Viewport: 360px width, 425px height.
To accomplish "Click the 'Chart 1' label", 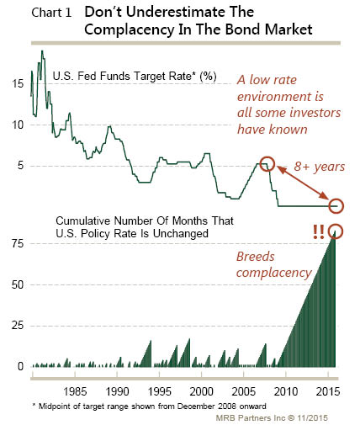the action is [51, 13].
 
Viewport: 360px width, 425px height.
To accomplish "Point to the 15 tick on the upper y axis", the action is [18, 83].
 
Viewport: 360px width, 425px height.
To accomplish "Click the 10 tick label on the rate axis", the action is [18, 125].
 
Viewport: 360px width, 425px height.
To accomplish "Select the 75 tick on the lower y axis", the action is [18, 243].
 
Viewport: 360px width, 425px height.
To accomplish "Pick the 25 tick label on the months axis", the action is [18, 326].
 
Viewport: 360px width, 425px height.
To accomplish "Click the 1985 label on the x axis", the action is [75, 391].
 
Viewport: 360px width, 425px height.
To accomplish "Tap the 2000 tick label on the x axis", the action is [202, 391].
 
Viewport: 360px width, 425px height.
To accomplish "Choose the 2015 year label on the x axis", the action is [328, 391].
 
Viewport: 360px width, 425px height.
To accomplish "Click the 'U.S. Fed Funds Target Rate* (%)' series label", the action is [135, 76].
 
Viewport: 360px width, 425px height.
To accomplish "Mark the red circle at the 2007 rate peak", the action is [267, 163].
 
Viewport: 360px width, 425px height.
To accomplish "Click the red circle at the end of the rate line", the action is [336, 206].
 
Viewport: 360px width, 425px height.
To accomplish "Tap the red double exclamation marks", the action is [319, 232].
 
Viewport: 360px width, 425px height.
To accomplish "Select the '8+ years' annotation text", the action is [320, 167].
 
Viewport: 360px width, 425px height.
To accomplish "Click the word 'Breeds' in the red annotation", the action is [256, 257].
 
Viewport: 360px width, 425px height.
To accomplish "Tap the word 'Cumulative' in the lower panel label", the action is [83, 220].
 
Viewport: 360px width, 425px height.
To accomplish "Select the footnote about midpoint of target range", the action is [150, 406].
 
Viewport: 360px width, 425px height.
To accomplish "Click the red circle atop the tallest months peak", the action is [336, 231].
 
